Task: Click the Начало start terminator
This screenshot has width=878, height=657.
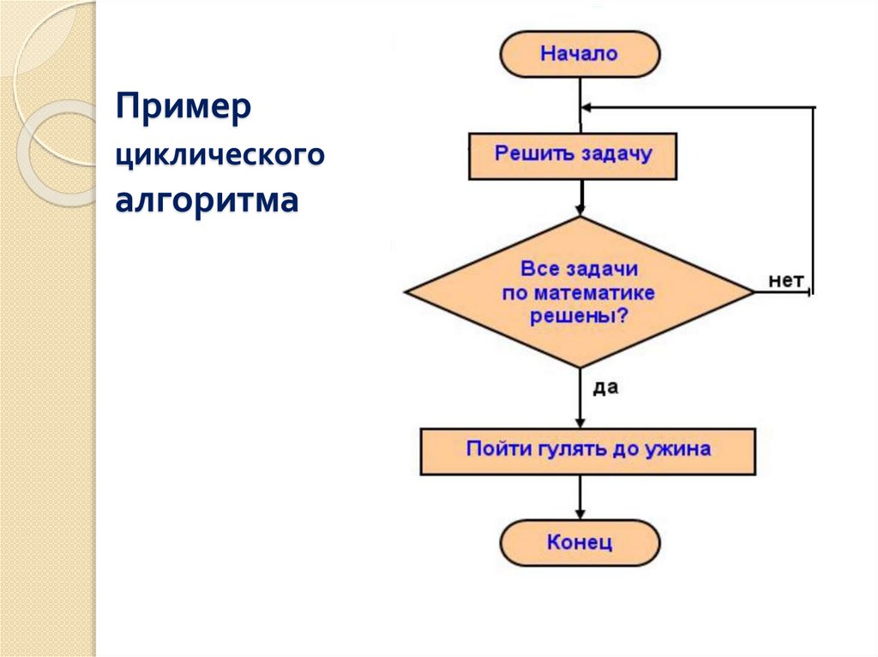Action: [580, 54]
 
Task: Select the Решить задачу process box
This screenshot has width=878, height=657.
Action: [573, 155]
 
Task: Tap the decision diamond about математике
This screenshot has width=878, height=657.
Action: [580, 292]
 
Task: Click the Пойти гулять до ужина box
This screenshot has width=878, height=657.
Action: [587, 451]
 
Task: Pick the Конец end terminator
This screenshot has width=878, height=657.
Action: [580, 543]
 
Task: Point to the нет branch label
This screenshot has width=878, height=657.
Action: [785, 280]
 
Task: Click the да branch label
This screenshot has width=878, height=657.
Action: [605, 387]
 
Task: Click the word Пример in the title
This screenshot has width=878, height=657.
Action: [184, 110]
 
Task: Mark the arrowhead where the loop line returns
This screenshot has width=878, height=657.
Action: [586, 108]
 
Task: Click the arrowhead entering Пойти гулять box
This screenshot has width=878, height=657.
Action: [580, 422]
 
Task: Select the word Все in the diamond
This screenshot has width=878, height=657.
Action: [539, 270]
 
